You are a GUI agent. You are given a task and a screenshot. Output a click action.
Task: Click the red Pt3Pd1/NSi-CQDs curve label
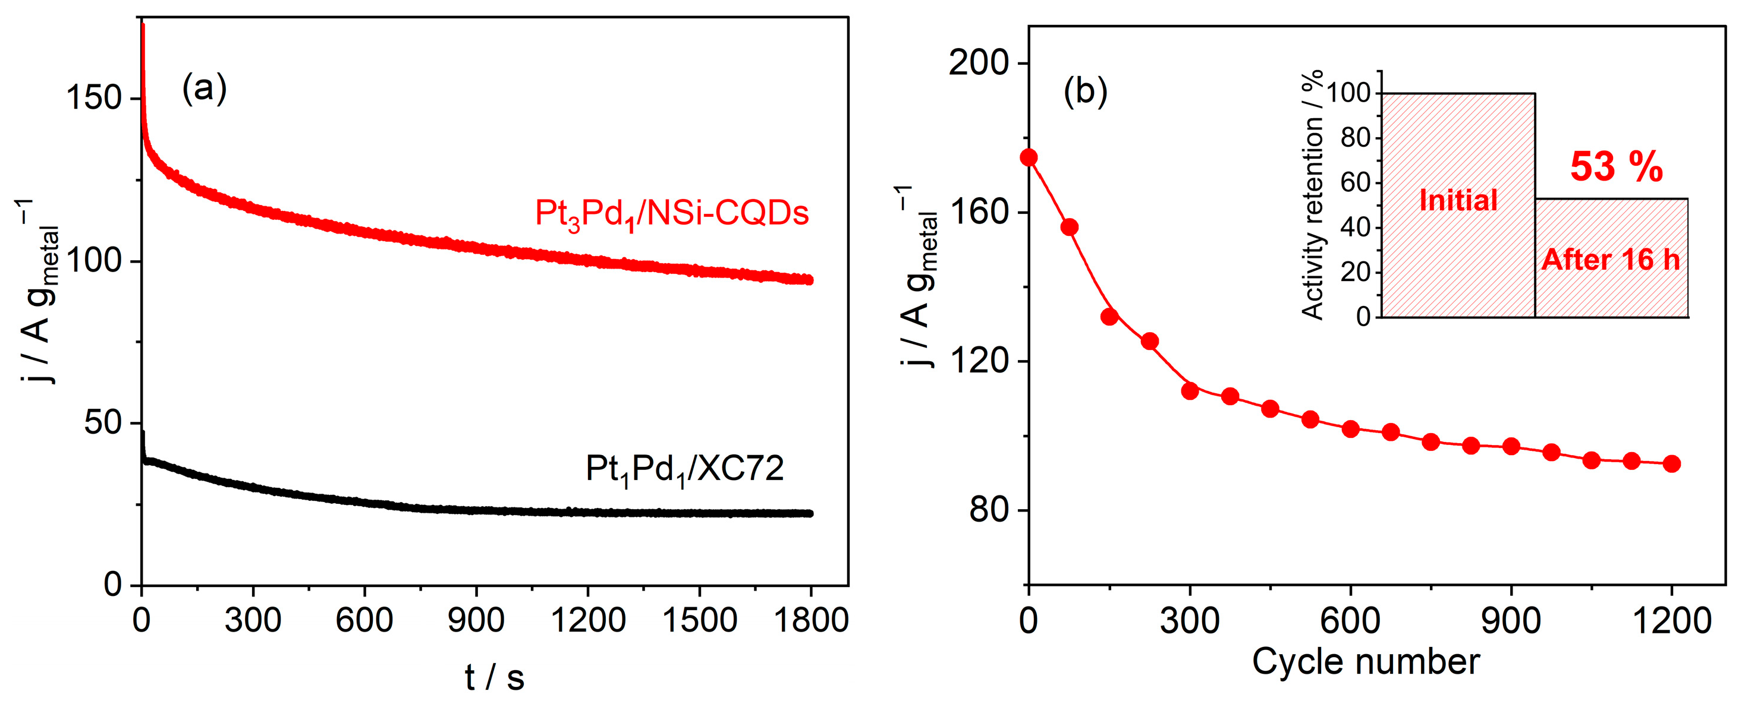point(671,213)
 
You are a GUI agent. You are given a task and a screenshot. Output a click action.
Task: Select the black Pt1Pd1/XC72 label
point(684,469)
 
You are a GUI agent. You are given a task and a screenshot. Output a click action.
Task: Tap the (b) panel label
point(1085,91)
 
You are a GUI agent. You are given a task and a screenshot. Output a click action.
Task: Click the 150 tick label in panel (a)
point(93,98)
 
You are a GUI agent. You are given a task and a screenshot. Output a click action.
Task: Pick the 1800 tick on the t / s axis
point(810,620)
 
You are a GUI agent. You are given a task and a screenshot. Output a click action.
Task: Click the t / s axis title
point(495,677)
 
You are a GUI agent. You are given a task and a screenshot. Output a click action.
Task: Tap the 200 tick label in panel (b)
point(978,63)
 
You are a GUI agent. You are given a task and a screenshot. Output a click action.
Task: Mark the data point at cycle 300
point(1190,391)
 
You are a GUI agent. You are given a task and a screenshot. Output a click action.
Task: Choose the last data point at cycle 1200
point(1671,464)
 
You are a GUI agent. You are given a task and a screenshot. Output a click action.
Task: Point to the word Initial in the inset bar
point(1458,200)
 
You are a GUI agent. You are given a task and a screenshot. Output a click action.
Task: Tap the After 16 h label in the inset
point(1611,260)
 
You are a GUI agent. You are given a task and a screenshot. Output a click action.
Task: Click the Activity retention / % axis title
point(1312,194)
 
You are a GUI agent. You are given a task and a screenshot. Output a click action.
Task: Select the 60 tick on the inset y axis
point(1355,182)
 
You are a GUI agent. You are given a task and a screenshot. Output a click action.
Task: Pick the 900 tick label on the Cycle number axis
point(1511,620)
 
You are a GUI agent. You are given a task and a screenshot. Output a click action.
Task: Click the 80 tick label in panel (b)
point(988,509)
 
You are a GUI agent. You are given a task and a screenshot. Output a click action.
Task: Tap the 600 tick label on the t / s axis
point(364,620)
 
